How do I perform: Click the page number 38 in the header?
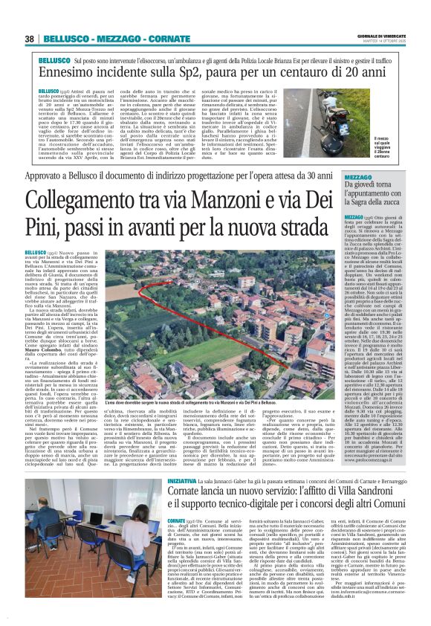pyautogui.click(x=29, y=39)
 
